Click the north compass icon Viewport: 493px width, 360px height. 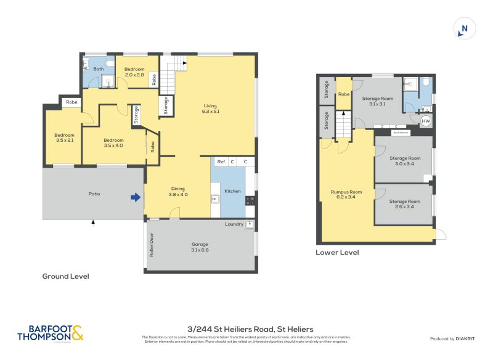point(465,29)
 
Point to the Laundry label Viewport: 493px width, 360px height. point(234,224)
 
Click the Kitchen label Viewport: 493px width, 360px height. point(232,191)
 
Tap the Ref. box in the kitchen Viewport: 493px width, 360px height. point(221,162)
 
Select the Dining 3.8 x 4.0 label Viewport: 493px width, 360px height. point(177,191)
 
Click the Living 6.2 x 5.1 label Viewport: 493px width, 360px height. point(211,108)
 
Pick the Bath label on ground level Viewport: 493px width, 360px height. point(99,69)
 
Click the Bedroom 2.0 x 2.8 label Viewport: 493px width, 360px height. point(134,72)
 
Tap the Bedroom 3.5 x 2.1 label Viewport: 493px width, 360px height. point(64,137)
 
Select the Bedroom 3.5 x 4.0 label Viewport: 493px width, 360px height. point(113,142)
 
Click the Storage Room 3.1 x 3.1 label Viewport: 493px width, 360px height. point(377,101)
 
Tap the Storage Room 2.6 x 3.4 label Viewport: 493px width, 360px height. point(405,204)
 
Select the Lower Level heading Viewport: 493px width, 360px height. point(337,253)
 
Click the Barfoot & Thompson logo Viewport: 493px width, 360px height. point(51,333)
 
